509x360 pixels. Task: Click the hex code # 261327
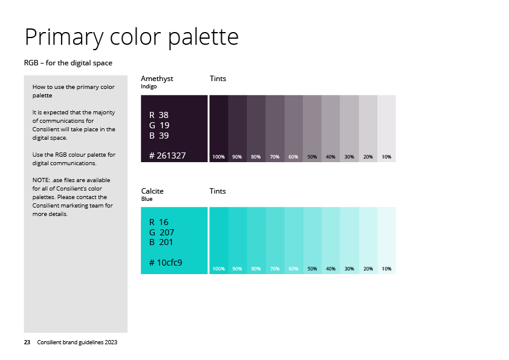(167, 155)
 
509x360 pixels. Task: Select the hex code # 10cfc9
(166, 263)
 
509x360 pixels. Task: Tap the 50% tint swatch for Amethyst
(313, 128)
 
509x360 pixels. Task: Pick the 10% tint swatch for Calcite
(387, 240)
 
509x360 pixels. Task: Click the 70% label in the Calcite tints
(274, 269)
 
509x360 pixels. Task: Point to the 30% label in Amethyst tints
(349, 157)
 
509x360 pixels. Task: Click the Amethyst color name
(157, 79)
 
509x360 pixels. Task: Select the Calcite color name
(152, 191)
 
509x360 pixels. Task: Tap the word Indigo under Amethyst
(149, 87)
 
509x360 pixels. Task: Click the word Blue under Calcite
(147, 199)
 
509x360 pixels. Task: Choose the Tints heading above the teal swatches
(218, 191)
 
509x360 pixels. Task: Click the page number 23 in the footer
(27, 342)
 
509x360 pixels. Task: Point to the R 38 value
(159, 115)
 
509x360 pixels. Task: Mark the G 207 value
(161, 232)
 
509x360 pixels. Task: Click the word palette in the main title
(204, 37)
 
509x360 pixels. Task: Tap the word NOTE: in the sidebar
(41, 180)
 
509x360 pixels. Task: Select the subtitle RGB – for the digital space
(68, 63)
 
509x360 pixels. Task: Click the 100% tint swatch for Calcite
(219, 240)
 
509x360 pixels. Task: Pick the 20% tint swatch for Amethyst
(368, 128)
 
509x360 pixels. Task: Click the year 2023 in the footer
(111, 342)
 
